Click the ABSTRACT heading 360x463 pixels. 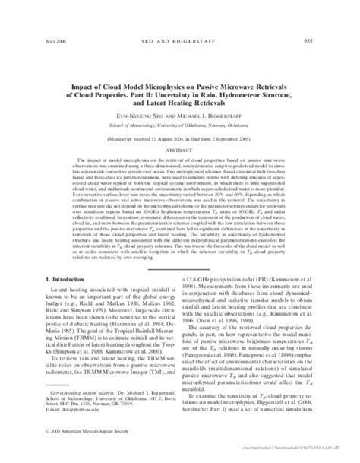[x=180, y=131]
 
